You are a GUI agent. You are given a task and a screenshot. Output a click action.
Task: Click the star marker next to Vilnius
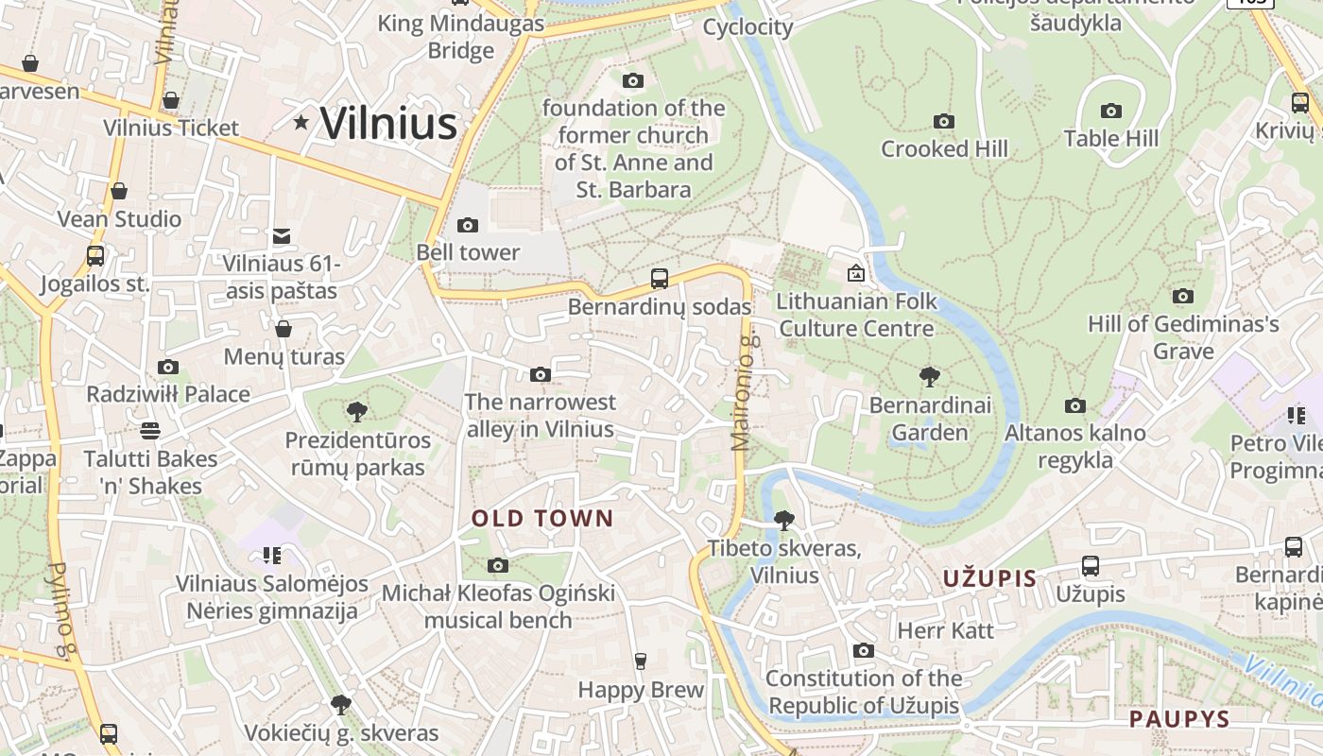[301, 122]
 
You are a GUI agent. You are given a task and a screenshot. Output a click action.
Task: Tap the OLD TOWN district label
[542, 518]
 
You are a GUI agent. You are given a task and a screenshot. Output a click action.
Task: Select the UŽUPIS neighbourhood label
[989, 578]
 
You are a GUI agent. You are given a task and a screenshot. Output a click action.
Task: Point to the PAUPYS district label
[1179, 719]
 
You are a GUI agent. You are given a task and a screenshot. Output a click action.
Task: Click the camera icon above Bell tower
[467, 225]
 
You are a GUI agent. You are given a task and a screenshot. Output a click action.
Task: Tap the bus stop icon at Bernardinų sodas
[660, 279]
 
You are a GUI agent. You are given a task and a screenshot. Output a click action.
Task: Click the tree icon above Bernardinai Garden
[930, 377]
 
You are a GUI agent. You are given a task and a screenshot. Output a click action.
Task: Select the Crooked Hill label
[944, 148]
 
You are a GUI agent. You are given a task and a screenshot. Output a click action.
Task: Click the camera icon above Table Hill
[1111, 111]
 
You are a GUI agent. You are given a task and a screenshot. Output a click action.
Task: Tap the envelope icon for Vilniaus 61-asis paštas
[282, 235]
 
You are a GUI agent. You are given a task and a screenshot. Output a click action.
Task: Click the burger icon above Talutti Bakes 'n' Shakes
[149, 431]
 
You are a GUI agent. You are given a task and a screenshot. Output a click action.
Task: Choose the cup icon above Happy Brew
[641, 661]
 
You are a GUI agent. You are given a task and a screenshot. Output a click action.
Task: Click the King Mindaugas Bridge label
[461, 36]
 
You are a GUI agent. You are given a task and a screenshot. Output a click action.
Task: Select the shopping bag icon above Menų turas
[283, 329]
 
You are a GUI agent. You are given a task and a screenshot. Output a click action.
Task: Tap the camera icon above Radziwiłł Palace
[168, 367]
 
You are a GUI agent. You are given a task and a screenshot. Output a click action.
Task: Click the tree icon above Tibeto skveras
[783, 520]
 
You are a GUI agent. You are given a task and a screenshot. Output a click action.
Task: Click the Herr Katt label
[945, 630]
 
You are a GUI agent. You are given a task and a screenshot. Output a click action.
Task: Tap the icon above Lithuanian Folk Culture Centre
[856, 273]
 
